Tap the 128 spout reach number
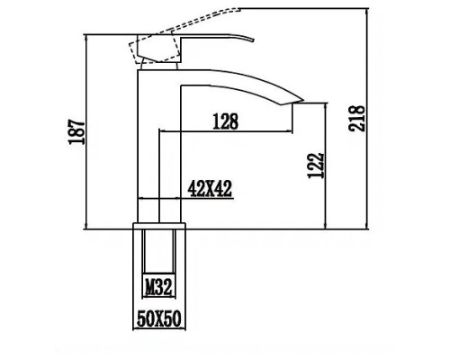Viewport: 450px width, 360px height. pyautogui.click(x=225, y=120)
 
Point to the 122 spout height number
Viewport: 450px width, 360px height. pyautogui.click(x=311, y=165)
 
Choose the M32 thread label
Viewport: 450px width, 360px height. pyautogui.click(x=159, y=287)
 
